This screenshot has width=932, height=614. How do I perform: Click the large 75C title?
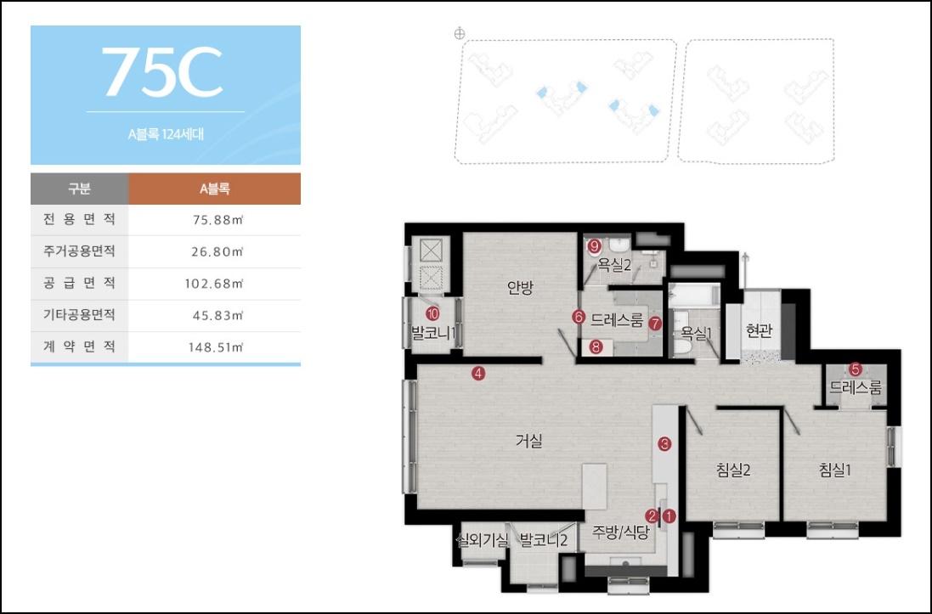[163, 71]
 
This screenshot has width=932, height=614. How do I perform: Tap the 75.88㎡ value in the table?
[218, 220]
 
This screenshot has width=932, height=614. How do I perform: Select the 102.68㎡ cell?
[214, 284]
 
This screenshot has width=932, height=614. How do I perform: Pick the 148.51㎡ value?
[216, 347]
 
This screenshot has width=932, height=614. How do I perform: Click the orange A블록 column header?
[215, 189]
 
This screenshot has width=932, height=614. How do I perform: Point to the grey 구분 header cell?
[80, 189]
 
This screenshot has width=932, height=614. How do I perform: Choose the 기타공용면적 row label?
[79, 315]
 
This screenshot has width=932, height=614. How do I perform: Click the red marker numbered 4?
[478, 374]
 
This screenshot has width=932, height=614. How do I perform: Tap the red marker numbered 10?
[432, 313]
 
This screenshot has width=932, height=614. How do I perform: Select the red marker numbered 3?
[664, 443]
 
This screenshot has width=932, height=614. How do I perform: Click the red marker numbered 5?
[856, 369]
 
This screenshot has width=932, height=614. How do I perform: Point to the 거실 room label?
[529, 441]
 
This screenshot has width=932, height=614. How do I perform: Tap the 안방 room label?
[520, 288]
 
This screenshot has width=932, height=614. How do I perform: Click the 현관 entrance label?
[759, 331]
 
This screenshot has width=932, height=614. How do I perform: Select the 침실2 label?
[733, 470]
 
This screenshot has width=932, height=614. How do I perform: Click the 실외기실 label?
[482, 540]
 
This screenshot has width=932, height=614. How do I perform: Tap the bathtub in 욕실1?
[693, 295]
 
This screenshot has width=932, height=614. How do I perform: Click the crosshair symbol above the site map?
[460, 34]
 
